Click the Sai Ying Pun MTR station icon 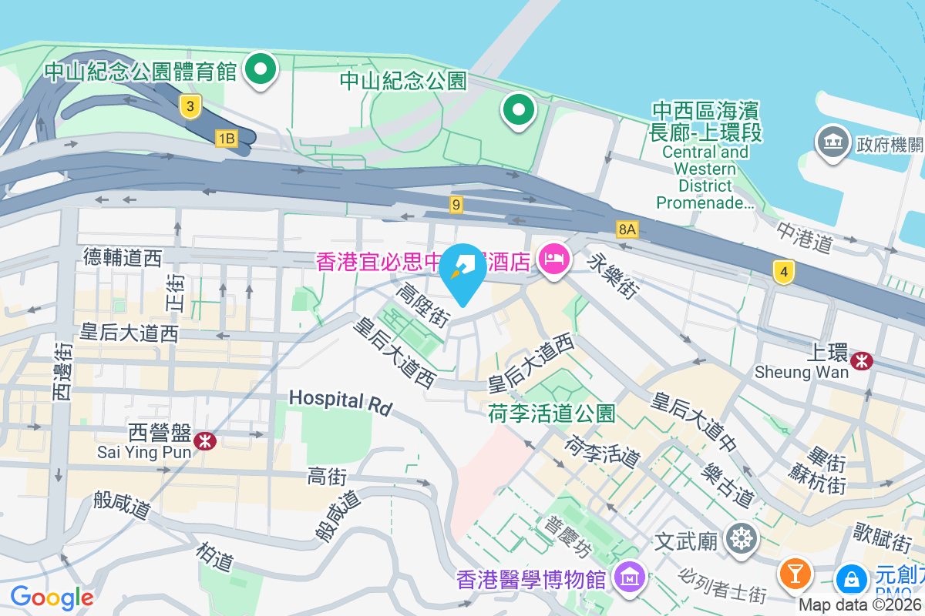tap(205, 440)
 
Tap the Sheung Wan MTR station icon tap(862, 360)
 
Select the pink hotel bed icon tap(553, 259)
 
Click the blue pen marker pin tap(463, 272)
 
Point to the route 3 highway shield tap(190, 106)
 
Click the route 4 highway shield tap(783, 271)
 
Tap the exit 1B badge tap(226, 139)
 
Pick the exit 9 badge tap(457, 204)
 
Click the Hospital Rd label tap(340, 400)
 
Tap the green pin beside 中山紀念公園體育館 tap(261, 69)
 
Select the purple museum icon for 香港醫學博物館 tap(631, 577)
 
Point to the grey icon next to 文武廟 tap(742, 538)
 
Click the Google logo tap(52, 597)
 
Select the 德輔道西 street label tap(123, 257)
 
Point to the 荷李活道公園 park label tap(552, 414)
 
